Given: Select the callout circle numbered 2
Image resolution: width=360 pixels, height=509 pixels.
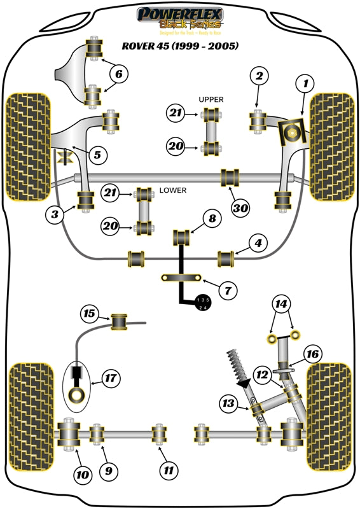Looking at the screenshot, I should (258, 77).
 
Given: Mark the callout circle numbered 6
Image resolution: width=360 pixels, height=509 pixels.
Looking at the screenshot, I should (118, 74).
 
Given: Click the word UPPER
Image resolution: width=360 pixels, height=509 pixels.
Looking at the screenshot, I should (211, 100).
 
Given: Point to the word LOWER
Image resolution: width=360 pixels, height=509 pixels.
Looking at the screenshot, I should (172, 190).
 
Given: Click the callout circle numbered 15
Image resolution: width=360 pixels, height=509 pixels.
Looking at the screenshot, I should (90, 313).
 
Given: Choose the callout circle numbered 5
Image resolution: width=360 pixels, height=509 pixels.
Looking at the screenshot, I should (97, 154).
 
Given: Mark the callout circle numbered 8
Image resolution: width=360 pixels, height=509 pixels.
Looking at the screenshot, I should (212, 220).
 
